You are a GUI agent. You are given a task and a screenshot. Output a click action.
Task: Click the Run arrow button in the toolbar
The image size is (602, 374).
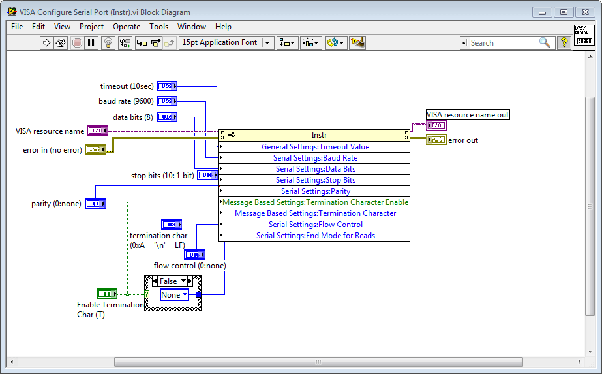tap(46, 43)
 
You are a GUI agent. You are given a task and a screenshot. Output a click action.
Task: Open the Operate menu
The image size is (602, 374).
tap(127, 27)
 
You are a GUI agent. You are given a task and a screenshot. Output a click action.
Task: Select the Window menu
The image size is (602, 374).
tap(192, 27)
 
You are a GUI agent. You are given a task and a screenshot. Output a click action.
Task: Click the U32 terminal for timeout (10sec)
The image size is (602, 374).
tap(167, 86)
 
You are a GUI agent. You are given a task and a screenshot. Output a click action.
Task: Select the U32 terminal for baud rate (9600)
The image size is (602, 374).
tap(167, 101)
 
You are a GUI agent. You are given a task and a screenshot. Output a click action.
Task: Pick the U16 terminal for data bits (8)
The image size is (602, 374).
tap(167, 117)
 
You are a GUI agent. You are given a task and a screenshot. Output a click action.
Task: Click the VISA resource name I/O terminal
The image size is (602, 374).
tap(97, 131)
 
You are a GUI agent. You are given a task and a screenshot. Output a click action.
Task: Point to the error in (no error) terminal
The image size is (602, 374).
tap(95, 150)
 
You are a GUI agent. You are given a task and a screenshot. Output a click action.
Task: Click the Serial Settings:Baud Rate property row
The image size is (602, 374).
tap(315, 158)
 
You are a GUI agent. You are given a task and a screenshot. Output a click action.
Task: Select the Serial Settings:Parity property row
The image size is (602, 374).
tap(315, 191)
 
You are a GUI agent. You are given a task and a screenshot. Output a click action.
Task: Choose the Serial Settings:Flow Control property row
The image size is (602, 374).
tap(315, 225)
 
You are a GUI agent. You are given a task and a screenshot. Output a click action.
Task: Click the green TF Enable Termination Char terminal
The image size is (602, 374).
tap(106, 294)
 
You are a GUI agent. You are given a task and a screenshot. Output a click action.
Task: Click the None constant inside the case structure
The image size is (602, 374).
tap(173, 295)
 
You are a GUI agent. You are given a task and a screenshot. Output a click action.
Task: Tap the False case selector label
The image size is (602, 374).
tap(169, 281)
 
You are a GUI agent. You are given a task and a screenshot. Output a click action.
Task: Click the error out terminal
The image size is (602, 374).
tap(436, 140)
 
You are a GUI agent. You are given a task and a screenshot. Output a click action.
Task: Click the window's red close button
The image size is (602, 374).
tap(584, 12)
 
